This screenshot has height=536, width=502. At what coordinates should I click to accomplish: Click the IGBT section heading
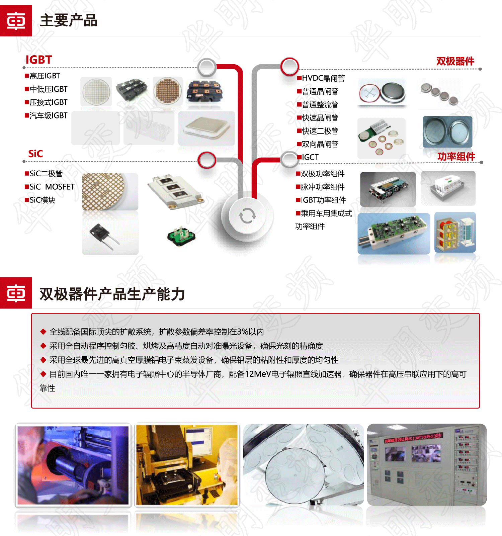[x=39, y=60]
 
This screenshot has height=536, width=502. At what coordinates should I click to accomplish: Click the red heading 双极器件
[x=455, y=61]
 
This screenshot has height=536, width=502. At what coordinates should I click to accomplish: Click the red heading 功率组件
[x=456, y=157]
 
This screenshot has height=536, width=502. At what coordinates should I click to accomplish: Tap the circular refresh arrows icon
[x=248, y=216]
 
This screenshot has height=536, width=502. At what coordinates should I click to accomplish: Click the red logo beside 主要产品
[x=16, y=21]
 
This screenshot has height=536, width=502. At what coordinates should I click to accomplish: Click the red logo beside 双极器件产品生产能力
[x=16, y=293]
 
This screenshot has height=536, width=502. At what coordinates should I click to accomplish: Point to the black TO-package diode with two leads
[x=104, y=235]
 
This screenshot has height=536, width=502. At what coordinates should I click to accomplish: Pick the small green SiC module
[x=181, y=236]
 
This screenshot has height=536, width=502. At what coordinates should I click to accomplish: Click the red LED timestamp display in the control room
[x=413, y=438]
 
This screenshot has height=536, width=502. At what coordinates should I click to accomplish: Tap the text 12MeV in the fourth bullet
[x=258, y=374]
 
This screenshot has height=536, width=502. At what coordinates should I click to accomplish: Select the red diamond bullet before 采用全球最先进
[x=43, y=360]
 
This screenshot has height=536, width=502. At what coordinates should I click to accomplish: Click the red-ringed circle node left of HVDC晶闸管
[x=289, y=67]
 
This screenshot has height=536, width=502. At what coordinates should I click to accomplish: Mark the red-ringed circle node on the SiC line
[x=207, y=160]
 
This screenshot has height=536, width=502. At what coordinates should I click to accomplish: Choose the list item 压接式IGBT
[x=49, y=102]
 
